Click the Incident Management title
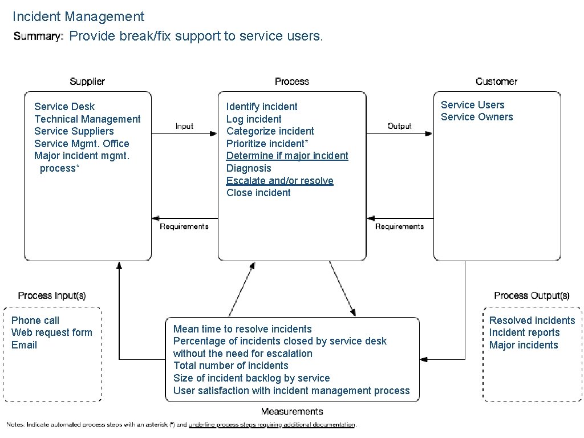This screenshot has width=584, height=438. [78, 17]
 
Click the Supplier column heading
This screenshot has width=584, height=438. [87, 82]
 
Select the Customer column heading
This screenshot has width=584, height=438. [496, 82]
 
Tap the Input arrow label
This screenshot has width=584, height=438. [184, 126]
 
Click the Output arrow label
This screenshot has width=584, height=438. [399, 126]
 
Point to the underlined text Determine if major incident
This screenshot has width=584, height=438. [287, 156]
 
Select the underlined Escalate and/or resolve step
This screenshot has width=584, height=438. [279, 181]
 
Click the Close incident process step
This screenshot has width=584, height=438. [258, 193]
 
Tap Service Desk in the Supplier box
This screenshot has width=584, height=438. [64, 107]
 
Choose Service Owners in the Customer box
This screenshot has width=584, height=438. [477, 117]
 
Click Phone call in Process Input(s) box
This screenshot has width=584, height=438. [35, 321]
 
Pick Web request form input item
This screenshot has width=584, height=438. [51, 332]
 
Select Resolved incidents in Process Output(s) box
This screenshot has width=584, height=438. [532, 321]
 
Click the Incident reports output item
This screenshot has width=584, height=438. [524, 332]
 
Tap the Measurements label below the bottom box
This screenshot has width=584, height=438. [292, 411]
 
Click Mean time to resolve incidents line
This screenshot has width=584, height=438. [242, 329]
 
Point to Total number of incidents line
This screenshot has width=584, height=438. [230, 366]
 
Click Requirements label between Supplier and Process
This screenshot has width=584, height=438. [184, 226]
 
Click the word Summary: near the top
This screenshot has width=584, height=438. [38, 36]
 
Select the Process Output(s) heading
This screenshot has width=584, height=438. [532, 295]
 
